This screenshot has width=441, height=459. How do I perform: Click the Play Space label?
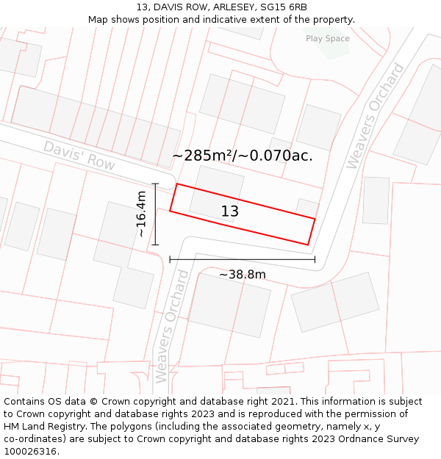(x=328, y=38)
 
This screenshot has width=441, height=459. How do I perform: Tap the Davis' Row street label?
(x=79, y=156)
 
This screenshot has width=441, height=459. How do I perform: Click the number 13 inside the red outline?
(x=230, y=212)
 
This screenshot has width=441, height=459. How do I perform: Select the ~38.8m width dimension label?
(x=243, y=275)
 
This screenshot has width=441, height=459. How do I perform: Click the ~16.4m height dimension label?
(x=141, y=213)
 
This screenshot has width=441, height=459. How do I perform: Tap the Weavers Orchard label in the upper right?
(x=375, y=116)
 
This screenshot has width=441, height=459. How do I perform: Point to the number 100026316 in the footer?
(x=29, y=451)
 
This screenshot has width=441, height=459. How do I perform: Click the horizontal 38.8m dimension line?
(x=242, y=259)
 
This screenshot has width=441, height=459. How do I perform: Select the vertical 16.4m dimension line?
(x=155, y=214)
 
